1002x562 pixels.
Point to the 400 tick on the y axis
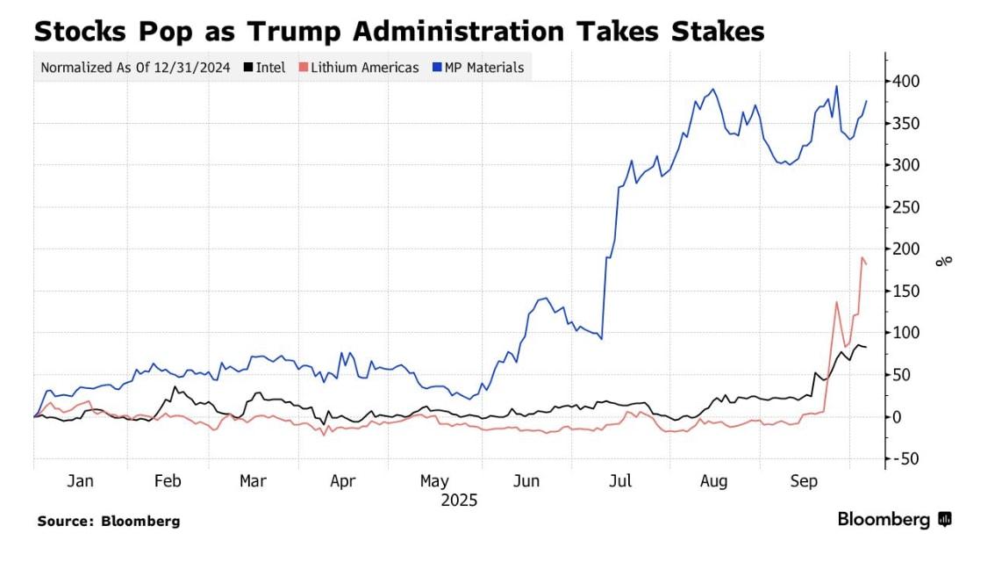coord(906,82)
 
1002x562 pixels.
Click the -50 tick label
coord(906,458)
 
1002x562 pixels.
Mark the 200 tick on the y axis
coord(906,249)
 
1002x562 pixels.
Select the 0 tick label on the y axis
coord(898,417)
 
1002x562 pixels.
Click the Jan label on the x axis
coord(80,481)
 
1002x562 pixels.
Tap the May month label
coord(434,481)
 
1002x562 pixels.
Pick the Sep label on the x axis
coord(805,481)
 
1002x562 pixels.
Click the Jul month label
coord(620,481)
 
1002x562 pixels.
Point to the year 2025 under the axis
coord(459,501)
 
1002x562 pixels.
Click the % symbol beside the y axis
coord(944,261)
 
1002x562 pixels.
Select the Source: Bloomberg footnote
coord(109,521)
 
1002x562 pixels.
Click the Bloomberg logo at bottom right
coord(894,520)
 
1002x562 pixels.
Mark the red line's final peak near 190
coord(862,258)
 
